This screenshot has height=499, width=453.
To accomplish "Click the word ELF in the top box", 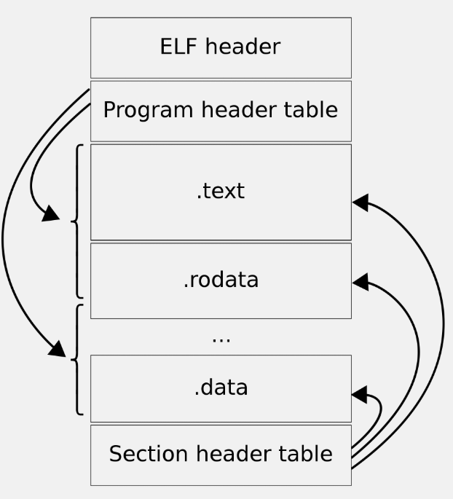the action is point(178,47).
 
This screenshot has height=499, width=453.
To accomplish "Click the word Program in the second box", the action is point(149,111).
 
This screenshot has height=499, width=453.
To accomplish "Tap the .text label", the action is point(221,191).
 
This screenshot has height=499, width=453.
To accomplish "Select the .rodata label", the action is point(221,280).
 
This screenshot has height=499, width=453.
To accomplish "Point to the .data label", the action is point(221,388).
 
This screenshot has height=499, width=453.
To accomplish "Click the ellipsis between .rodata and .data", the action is point(221,340).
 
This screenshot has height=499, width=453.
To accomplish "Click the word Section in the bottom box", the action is point(149,454).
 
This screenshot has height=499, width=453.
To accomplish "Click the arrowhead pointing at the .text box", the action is point(361,203).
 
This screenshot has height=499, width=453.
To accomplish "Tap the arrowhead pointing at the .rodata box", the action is point(361,282).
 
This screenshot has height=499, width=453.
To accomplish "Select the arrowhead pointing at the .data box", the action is point(360,395).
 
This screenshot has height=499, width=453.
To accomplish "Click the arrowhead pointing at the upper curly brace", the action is point(51,213).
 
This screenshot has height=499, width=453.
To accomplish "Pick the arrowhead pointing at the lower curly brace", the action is point(58,349).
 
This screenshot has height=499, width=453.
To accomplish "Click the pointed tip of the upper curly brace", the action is point(71,221).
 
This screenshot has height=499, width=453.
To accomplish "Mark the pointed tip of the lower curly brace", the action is point(71,359).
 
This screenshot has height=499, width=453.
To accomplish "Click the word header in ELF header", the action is point(243,47).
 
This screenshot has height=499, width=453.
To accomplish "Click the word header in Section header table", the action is point(233,454).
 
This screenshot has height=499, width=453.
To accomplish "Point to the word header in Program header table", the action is point(239,110).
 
